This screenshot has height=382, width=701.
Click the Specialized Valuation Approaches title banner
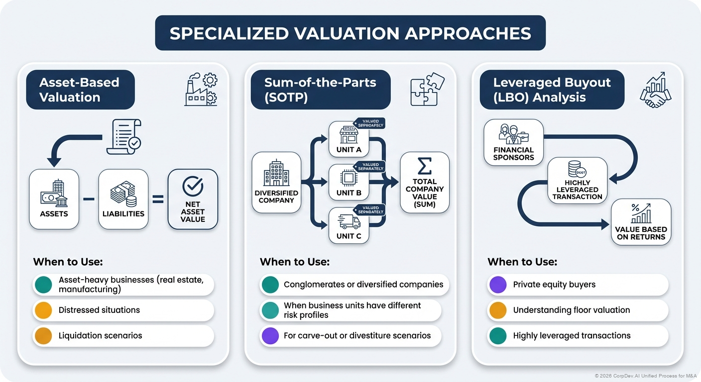coord(350,33)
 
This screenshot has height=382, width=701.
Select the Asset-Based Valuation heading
coord(80,90)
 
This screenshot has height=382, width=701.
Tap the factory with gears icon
coord(201,90)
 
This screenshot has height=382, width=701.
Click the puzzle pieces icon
coord(427,90)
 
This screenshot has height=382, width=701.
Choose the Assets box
coord(54,199)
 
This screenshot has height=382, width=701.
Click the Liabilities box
coord(123,199)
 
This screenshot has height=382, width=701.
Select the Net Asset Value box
coord(193,199)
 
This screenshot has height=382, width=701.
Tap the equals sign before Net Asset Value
coord(158,199)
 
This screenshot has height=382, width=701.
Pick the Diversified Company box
coord(276,183)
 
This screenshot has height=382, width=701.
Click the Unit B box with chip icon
coord(349,183)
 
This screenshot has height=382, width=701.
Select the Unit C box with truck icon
coord(349,226)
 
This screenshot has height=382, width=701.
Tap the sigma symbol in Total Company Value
coord(425,165)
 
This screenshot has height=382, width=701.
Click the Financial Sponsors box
coord(513,142)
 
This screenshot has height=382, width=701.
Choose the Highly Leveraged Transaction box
coord(577,180)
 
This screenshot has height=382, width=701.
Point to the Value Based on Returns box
coord(641,221)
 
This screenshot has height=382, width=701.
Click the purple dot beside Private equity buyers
coord(497,285)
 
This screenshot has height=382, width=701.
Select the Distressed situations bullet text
coord(99,310)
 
